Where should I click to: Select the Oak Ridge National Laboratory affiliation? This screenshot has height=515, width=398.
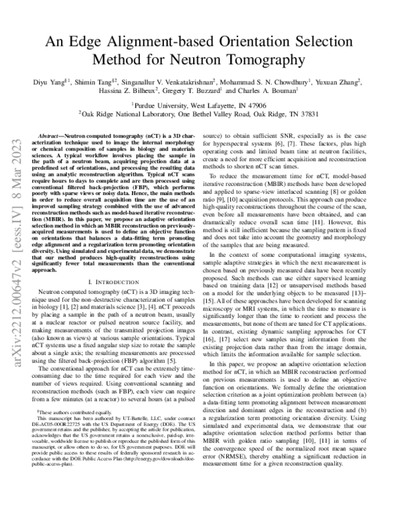198,113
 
